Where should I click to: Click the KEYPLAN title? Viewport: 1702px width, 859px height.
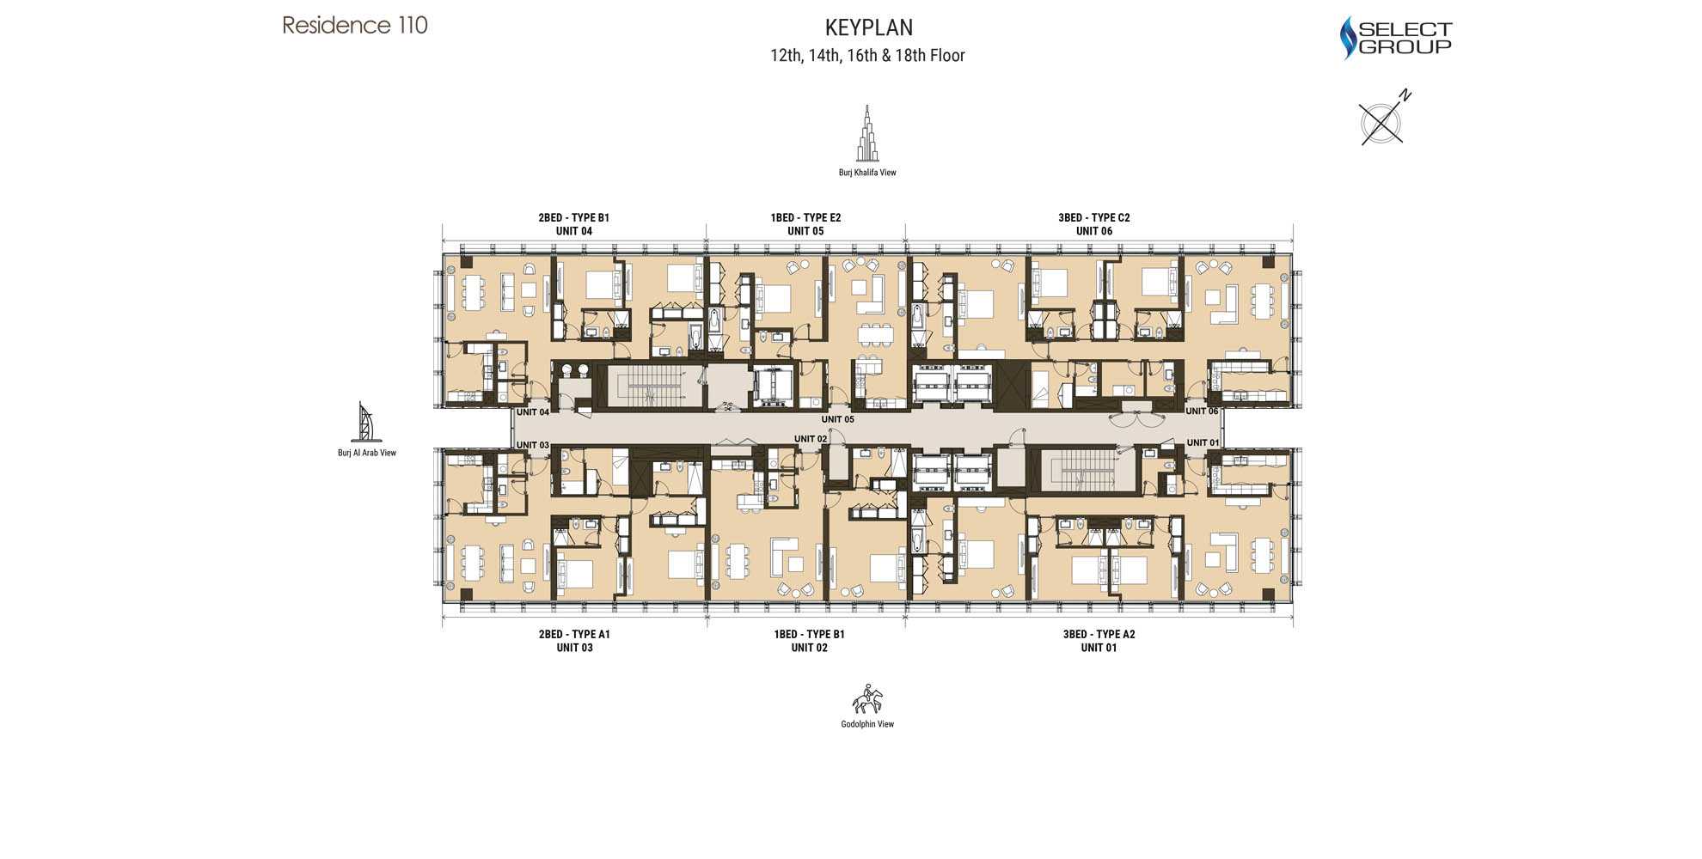(868, 27)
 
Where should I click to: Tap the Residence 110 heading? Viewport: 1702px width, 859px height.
(355, 25)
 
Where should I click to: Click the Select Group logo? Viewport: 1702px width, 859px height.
(1396, 39)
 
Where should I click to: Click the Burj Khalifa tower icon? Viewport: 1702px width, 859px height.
(867, 135)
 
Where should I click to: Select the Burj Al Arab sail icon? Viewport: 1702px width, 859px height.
(366, 422)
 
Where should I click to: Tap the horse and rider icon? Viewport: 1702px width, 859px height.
(867, 700)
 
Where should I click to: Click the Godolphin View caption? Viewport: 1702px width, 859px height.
(867, 724)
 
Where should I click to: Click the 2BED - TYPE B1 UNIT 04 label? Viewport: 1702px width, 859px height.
(573, 224)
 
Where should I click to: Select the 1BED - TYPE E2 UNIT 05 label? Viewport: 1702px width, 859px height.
(805, 224)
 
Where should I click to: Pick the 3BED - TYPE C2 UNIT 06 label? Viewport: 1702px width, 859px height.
(1093, 224)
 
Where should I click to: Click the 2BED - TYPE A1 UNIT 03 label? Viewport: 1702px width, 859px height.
(574, 641)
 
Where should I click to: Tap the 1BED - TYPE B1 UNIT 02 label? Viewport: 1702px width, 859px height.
(809, 641)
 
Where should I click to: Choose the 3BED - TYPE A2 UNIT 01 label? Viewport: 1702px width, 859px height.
(1099, 641)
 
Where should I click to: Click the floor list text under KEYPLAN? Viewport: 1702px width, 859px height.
(867, 56)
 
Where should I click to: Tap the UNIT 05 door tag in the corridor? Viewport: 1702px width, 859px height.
(837, 419)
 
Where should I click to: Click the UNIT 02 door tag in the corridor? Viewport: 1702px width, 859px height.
(810, 439)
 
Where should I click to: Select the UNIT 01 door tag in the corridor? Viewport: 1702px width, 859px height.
(1203, 442)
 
